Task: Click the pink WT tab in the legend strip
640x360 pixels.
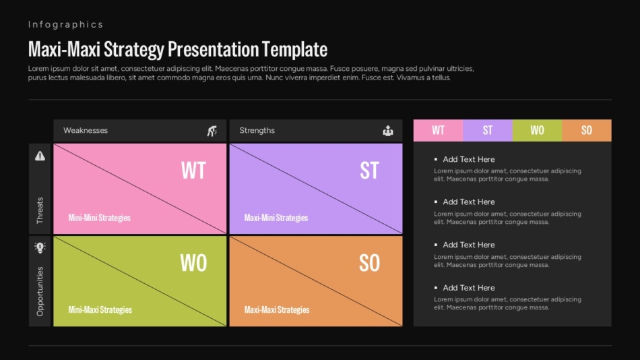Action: pos(438,130)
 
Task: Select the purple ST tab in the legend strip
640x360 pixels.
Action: pos(488,130)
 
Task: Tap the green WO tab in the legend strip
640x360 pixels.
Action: pos(537,130)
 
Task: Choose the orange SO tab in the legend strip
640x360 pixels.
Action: pos(587,130)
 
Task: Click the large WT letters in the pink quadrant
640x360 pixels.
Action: pos(193,171)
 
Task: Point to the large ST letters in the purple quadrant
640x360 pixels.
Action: pos(369,171)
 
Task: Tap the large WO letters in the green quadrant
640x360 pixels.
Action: pos(193,263)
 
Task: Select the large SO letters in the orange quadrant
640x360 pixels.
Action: pos(369,263)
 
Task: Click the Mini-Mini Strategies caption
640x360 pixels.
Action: pos(99,218)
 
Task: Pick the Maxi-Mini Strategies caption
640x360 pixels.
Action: pos(276,218)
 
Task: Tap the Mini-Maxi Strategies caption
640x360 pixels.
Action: pos(100,309)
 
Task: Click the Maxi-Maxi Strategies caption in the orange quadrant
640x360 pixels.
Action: pos(277,309)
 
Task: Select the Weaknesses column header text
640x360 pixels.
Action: pos(86,130)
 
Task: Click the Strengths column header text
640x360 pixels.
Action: pos(257,130)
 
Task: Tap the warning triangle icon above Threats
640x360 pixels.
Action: pos(40,156)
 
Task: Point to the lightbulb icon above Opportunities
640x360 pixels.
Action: pos(40,247)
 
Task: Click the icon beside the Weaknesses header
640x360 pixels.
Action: pos(212,131)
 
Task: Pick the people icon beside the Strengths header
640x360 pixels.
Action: pos(388,131)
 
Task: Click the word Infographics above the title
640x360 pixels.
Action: pos(65,24)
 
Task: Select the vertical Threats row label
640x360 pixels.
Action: pos(40,210)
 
